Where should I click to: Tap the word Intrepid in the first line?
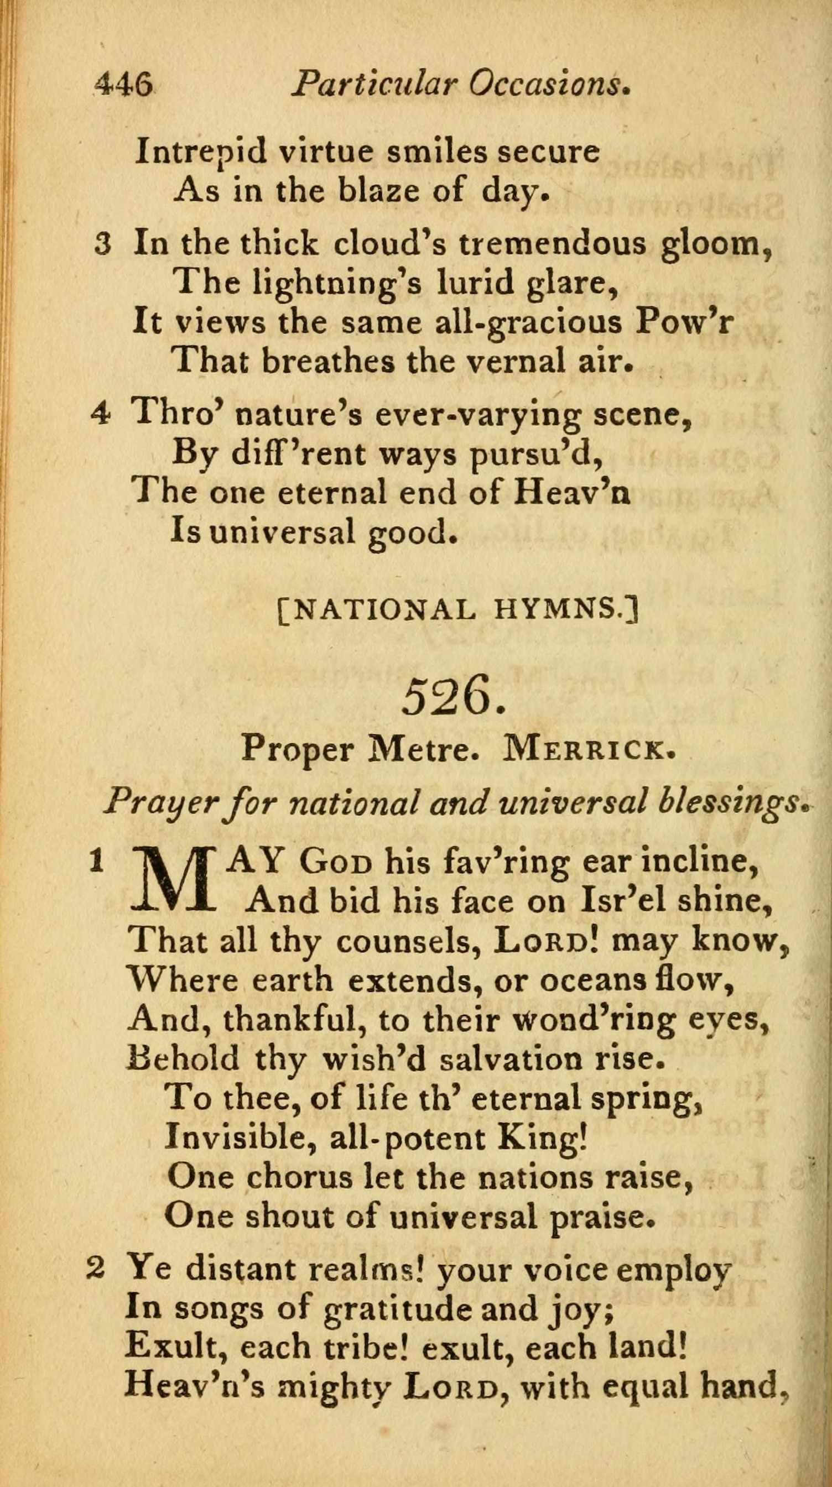click(201, 153)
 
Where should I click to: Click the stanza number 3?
click(103, 245)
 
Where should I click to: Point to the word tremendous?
click(553, 245)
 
